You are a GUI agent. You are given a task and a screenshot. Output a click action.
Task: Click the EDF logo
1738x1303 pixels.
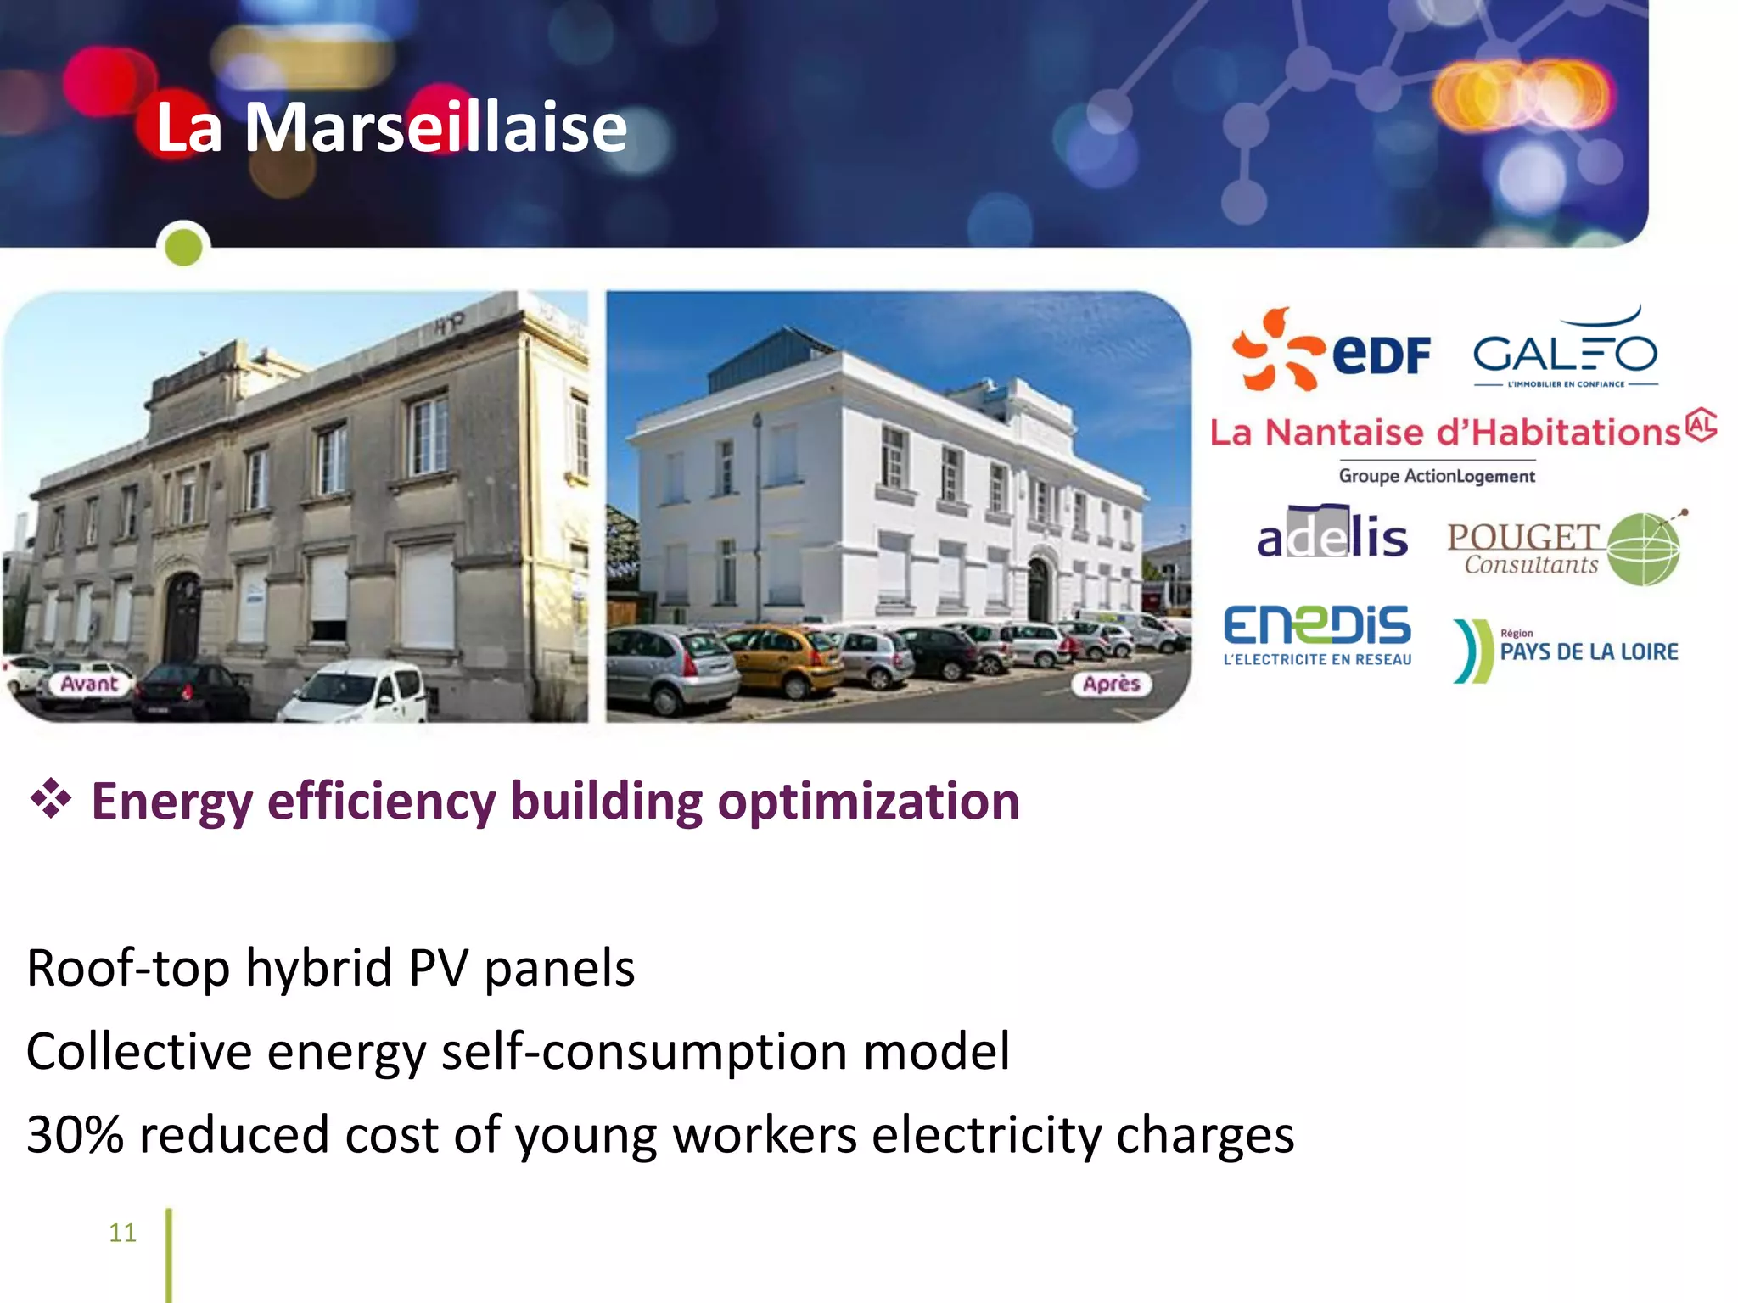[x=1331, y=350]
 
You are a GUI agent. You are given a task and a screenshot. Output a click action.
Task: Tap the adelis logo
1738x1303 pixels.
[x=1332, y=534]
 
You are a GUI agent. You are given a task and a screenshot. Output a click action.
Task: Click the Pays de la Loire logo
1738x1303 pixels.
[x=1565, y=651]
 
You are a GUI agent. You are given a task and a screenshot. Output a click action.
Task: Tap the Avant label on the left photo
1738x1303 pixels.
[x=89, y=684]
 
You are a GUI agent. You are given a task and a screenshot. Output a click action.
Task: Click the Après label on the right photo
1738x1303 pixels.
[x=1111, y=684]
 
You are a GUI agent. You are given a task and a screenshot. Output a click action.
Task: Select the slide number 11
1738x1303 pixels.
[x=122, y=1232]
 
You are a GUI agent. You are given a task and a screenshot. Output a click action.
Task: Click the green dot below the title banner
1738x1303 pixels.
[x=183, y=248]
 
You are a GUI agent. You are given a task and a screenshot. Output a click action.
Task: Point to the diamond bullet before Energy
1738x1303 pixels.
[x=50, y=798]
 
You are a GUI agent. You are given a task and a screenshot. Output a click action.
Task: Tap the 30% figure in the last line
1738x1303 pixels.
[x=75, y=1135]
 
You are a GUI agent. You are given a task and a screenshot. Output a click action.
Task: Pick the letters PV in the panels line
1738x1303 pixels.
[x=438, y=968]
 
